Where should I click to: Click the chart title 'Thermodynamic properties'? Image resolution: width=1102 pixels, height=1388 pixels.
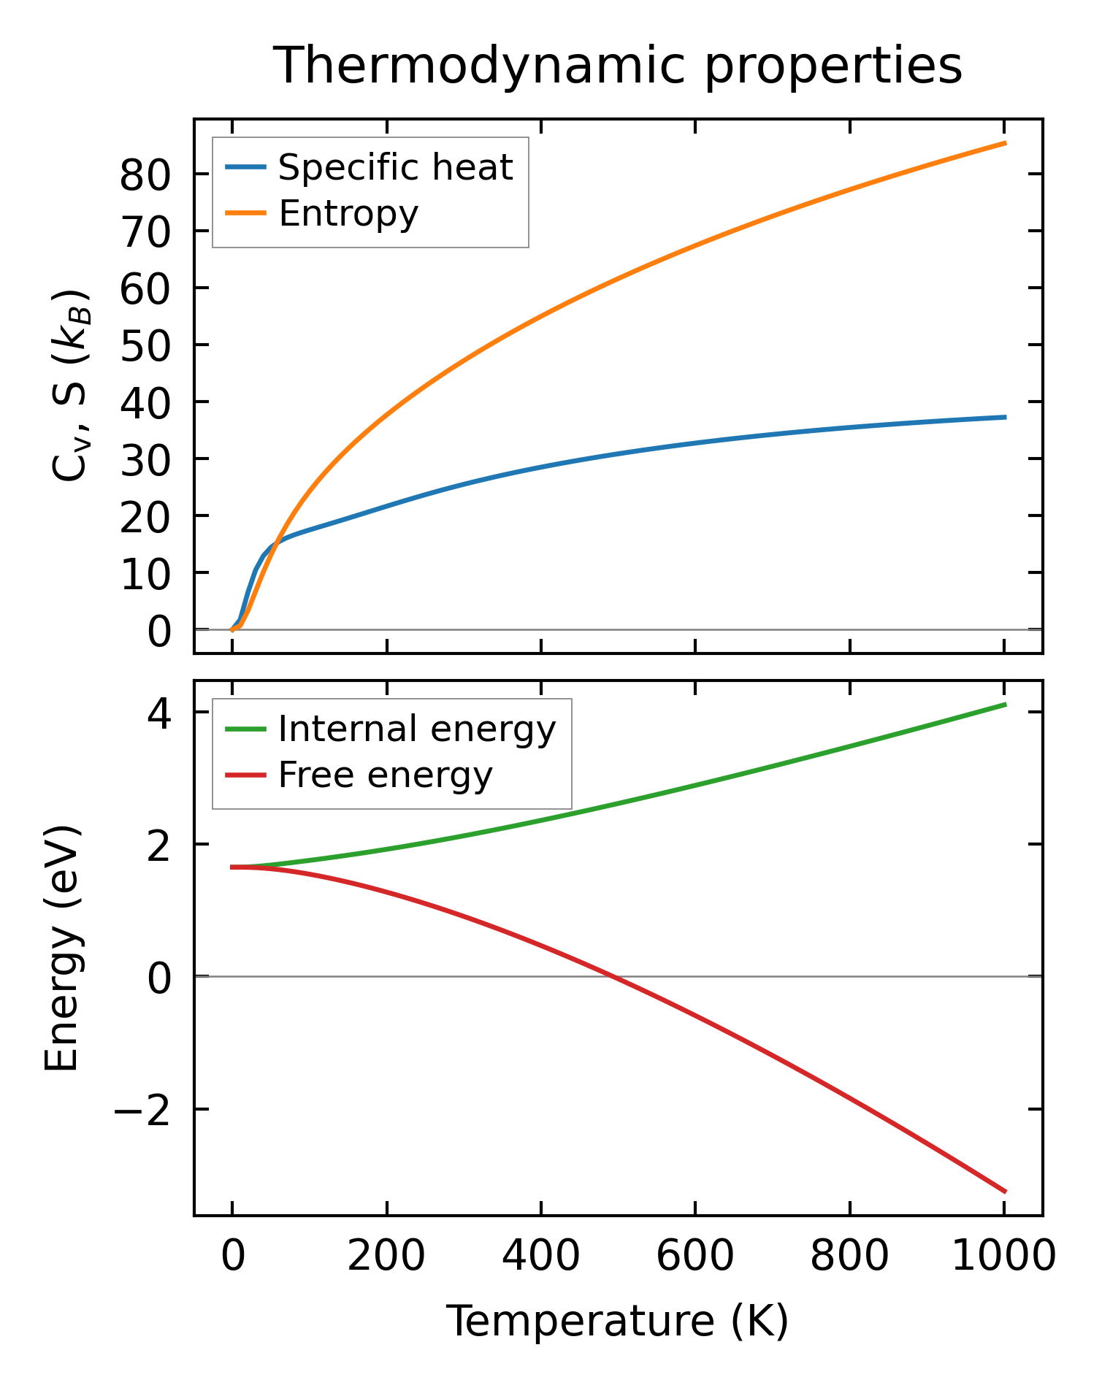pos(618,66)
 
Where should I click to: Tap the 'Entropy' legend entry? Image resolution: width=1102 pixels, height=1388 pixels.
pos(348,214)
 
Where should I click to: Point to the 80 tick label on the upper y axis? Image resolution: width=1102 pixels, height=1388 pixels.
pos(145,175)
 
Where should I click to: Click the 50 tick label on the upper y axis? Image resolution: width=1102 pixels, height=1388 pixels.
pos(145,345)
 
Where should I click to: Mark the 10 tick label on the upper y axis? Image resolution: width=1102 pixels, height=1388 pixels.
pos(145,573)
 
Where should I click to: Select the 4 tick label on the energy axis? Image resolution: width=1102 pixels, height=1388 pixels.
pos(159,713)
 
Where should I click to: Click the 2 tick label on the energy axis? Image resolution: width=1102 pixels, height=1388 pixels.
pos(159,845)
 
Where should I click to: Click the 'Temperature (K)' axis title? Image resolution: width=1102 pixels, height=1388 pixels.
pos(618,1322)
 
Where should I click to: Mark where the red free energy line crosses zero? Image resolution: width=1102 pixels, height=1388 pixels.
pos(614,976)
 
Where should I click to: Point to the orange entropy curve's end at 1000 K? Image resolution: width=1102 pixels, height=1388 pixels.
pos(1005,143)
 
